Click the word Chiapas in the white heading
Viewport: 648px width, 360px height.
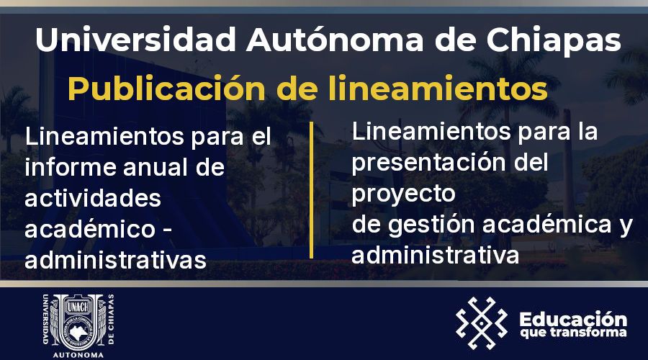pyautogui.click(x=554, y=40)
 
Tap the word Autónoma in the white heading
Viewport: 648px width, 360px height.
pyautogui.click(x=335, y=39)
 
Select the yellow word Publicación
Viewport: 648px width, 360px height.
pyautogui.click(x=166, y=89)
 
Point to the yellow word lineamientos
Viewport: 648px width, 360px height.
pyautogui.click(x=438, y=88)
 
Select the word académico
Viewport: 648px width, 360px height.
pyautogui.click(x=90, y=228)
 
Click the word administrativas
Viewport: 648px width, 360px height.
pyautogui.click(x=116, y=260)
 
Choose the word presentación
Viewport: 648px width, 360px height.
pyautogui.click(x=429, y=163)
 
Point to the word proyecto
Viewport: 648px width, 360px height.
pyautogui.click(x=403, y=194)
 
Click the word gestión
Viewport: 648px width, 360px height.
pyautogui.click(x=431, y=225)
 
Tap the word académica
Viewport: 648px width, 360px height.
pyautogui.click(x=547, y=225)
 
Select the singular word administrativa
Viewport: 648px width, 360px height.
pyautogui.click(x=435, y=256)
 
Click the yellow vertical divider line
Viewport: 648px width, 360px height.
pyautogui.click(x=311, y=190)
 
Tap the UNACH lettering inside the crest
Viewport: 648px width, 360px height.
pyautogui.click(x=78, y=307)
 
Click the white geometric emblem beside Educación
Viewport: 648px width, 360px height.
pyautogui.click(x=482, y=323)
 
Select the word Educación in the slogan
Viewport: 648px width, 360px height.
pyautogui.click(x=573, y=319)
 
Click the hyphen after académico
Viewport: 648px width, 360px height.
pyautogui.click(x=167, y=230)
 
